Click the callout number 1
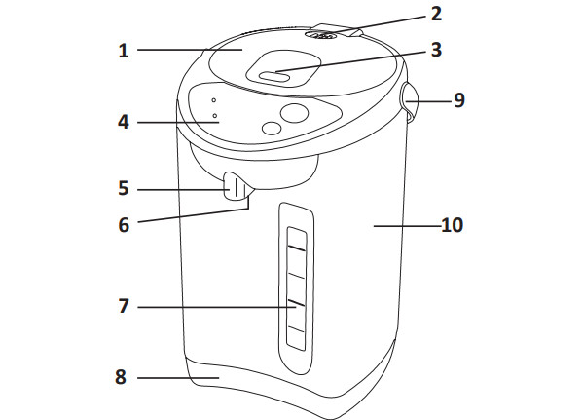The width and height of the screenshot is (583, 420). (x=124, y=51)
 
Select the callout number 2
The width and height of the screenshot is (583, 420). (x=436, y=15)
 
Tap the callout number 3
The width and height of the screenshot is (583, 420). (x=436, y=50)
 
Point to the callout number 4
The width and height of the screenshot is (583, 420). (x=124, y=122)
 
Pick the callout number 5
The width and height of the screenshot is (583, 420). (x=124, y=188)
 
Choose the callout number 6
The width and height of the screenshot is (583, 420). (x=124, y=225)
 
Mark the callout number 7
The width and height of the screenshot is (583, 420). (x=124, y=306)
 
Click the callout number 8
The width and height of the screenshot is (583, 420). (x=121, y=377)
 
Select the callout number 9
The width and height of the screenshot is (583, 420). (x=459, y=100)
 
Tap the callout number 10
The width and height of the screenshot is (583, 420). (x=453, y=225)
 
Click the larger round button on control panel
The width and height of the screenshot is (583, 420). (x=295, y=113)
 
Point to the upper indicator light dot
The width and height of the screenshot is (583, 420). (x=214, y=100)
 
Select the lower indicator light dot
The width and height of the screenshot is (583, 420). (x=215, y=116)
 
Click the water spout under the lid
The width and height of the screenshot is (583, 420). (x=237, y=187)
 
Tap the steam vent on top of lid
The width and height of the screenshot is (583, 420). (x=321, y=36)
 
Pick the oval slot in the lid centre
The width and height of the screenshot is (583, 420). (x=274, y=77)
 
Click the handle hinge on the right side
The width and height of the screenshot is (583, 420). (x=409, y=101)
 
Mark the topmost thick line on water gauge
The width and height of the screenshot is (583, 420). (x=296, y=248)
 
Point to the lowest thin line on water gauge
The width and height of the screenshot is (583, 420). (x=296, y=329)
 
